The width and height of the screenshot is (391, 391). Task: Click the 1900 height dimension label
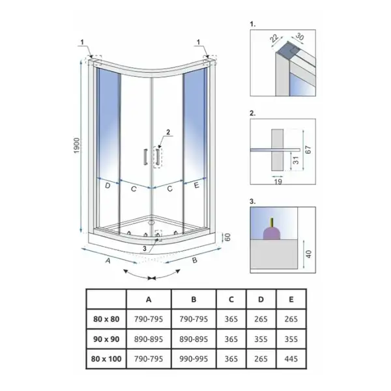pos(78,145)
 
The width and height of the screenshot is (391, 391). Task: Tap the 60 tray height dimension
pos(227,237)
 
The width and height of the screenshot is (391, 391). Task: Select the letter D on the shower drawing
pos(108,186)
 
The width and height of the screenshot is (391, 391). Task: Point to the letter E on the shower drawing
pos(197,185)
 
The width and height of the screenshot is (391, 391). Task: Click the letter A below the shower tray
pos(108,261)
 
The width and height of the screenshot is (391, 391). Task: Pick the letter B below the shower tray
pos(195,260)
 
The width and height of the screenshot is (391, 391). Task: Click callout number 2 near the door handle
pos(168,132)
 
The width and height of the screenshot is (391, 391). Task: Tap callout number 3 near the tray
pos(145,248)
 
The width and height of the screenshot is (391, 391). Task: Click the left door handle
pos(145,157)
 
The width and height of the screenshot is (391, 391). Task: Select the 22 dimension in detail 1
pos(274,38)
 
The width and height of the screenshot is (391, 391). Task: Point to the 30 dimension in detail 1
pos(300,36)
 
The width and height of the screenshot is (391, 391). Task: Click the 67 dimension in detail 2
pos(308,150)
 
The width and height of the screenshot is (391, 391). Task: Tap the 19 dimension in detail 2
pos(278,181)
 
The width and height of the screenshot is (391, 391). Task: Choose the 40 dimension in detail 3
pos(308,254)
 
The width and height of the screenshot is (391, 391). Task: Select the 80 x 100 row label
pos(106,359)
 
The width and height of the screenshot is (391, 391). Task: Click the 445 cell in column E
pos(291,359)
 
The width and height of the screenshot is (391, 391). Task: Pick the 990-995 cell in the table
pos(194,359)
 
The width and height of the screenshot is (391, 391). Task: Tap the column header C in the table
pos(231,299)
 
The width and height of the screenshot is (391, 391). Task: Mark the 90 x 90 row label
pos(106,339)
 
